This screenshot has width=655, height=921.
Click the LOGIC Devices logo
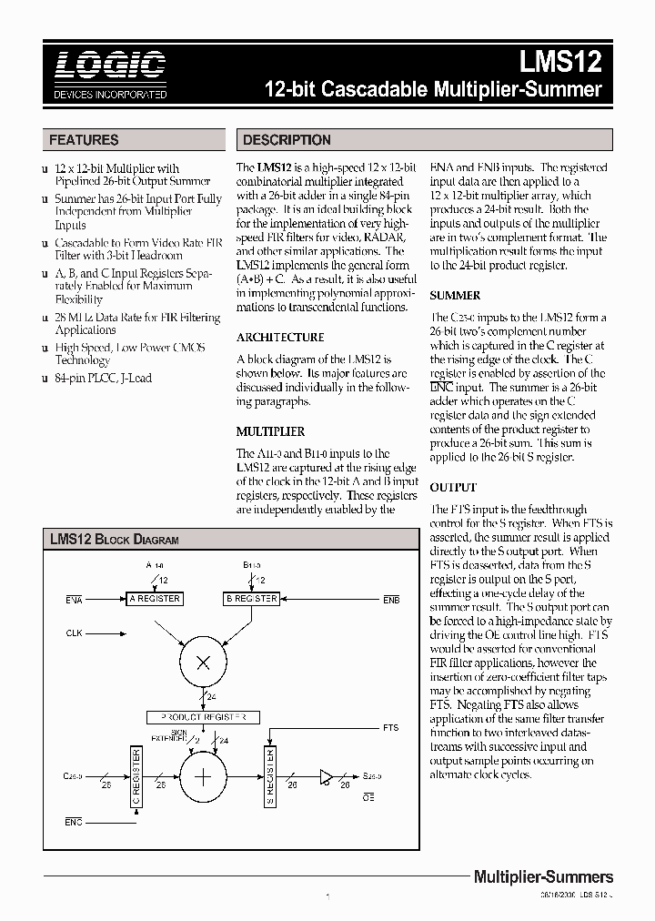click(109, 74)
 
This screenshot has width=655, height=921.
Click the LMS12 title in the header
click(560, 62)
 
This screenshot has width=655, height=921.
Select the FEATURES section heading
click(84, 140)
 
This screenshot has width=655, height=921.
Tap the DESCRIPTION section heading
click(287, 140)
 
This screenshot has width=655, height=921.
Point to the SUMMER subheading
click(455, 296)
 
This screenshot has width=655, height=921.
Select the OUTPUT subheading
click(452, 488)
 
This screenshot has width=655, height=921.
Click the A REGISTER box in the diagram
click(156, 599)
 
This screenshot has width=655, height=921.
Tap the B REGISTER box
click(251, 599)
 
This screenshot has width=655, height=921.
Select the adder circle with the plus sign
click(204, 775)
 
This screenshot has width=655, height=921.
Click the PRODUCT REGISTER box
click(204, 717)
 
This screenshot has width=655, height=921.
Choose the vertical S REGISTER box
click(270, 774)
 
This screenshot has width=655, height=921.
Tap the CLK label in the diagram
click(75, 632)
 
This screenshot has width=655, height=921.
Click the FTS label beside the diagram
click(390, 728)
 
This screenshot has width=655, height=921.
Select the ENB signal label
click(390, 601)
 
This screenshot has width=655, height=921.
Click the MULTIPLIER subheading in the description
click(271, 431)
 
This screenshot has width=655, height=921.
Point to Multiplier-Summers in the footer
click(543, 877)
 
